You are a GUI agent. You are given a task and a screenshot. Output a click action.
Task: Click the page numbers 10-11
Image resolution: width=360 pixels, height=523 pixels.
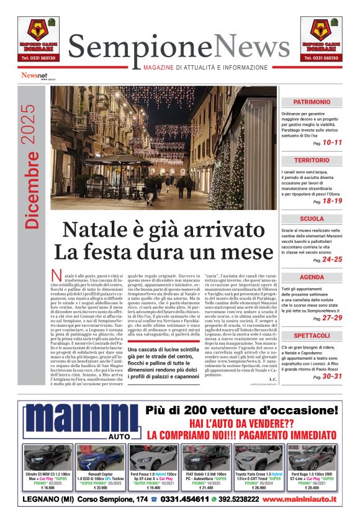click(332, 142)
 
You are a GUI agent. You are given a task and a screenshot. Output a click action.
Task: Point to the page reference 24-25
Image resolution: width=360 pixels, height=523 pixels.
click(332, 259)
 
